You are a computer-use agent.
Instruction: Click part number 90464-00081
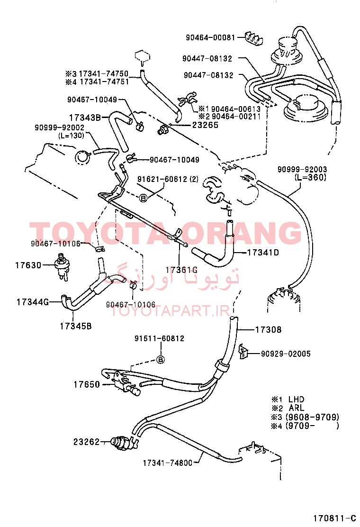[211, 37]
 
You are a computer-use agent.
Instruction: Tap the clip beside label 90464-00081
[253, 38]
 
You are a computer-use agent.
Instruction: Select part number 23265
[205, 125]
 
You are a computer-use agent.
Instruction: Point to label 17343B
[85, 118]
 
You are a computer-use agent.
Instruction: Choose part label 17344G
[33, 302]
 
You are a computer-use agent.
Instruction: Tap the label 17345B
[76, 326]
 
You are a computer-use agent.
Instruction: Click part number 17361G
[181, 270]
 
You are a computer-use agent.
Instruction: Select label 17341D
[263, 253]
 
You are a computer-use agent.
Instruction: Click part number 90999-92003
[302, 169]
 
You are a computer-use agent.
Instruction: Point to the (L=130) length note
[71, 136]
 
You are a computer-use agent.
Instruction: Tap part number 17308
[268, 330]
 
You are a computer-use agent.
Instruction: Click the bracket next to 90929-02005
[243, 351]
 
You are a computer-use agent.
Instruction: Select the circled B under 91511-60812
[161, 360]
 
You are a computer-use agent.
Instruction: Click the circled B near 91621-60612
[144, 198]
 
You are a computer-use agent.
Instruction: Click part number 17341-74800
[168, 463]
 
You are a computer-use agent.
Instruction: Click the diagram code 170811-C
[334, 518]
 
